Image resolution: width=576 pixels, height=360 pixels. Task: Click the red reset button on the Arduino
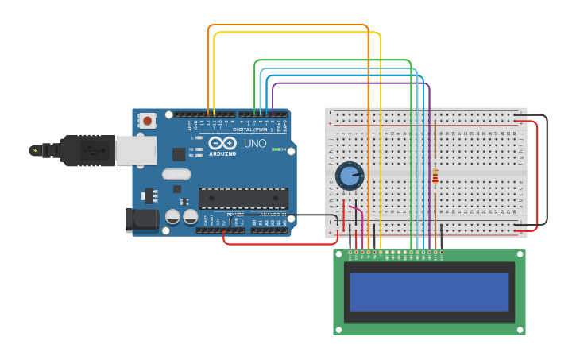point(147,121)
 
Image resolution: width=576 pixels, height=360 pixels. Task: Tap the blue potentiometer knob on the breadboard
point(349,176)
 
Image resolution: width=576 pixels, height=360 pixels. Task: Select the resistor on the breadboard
point(435,176)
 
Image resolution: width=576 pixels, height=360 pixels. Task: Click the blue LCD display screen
point(429,292)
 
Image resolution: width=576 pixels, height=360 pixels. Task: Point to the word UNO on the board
point(254,144)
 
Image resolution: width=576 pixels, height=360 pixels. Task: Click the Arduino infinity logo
point(222,143)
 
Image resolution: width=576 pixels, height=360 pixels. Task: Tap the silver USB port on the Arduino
point(136,150)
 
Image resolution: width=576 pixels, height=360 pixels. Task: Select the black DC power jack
point(141,220)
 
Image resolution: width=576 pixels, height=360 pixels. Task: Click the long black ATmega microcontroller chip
point(243,198)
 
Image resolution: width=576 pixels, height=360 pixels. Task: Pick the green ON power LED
point(274,149)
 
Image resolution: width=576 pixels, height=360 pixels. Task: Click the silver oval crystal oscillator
point(176,174)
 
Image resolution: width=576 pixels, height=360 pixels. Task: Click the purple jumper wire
point(350,83)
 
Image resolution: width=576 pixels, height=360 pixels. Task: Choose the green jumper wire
point(334,60)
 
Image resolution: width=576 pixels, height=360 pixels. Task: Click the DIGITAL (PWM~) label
point(253,129)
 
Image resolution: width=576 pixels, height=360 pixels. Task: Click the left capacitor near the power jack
point(172,216)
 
